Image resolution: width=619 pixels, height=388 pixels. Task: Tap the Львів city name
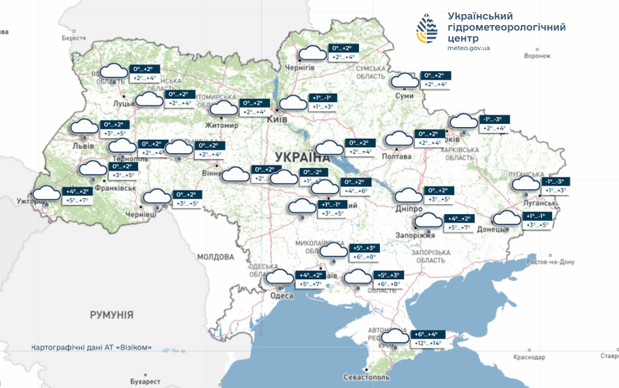coord(84,145)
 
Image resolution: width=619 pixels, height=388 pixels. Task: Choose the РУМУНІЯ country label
coord(111,314)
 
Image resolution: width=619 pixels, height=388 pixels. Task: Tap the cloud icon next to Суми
coord(405,80)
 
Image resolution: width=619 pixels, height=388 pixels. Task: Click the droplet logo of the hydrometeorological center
coord(427,30)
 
